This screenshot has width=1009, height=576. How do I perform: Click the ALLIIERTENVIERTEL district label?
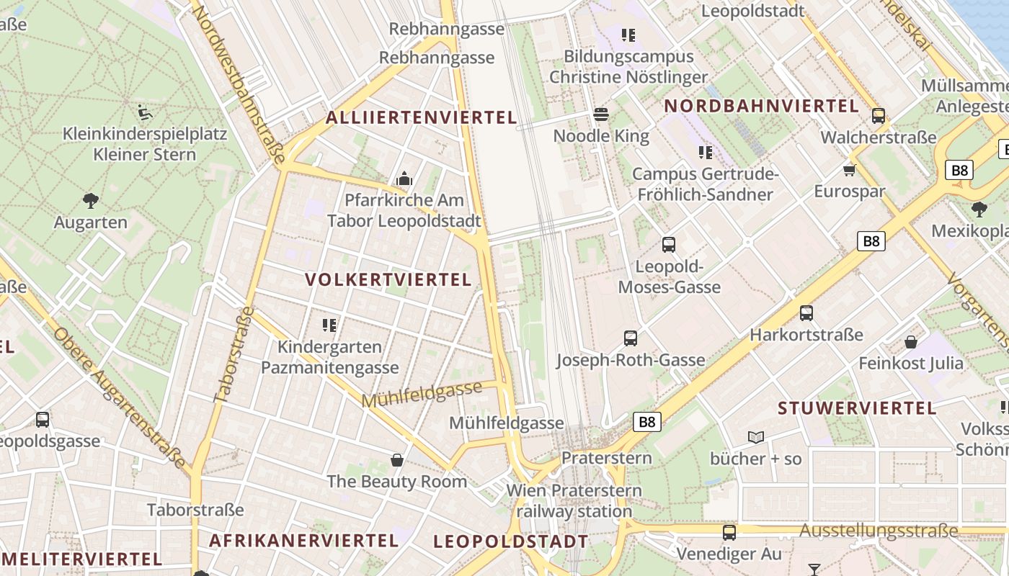tap(422, 117)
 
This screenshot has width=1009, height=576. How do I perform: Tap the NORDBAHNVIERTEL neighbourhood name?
tap(762, 106)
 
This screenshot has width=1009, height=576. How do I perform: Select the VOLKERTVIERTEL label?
tap(388, 279)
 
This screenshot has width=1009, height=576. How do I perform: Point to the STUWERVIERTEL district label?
tap(857, 408)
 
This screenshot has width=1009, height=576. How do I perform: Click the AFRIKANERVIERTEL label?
tap(303, 540)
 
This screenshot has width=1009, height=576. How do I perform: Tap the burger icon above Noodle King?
tap(601, 114)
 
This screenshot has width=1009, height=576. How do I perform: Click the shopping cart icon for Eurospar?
tap(850, 171)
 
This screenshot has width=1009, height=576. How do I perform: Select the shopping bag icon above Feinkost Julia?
tap(911, 342)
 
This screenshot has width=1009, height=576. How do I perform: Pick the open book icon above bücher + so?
tap(755, 437)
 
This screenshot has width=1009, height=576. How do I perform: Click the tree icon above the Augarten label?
tap(91, 201)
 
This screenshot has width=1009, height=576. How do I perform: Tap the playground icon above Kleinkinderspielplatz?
tap(145, 112)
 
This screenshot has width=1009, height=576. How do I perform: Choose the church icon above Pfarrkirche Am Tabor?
tap(404, 179)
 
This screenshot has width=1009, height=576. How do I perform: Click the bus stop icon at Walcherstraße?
tap(878, 116)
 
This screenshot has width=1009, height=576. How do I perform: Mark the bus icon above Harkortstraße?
tap(806, 313)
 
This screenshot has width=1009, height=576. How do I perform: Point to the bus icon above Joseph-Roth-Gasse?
tap(631, 338)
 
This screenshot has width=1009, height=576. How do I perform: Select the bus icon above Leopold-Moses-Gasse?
tap(669, 245)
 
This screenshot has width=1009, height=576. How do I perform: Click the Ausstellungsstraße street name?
tap(879, 531)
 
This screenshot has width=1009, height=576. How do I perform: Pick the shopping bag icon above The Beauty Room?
tap(396, 459)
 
